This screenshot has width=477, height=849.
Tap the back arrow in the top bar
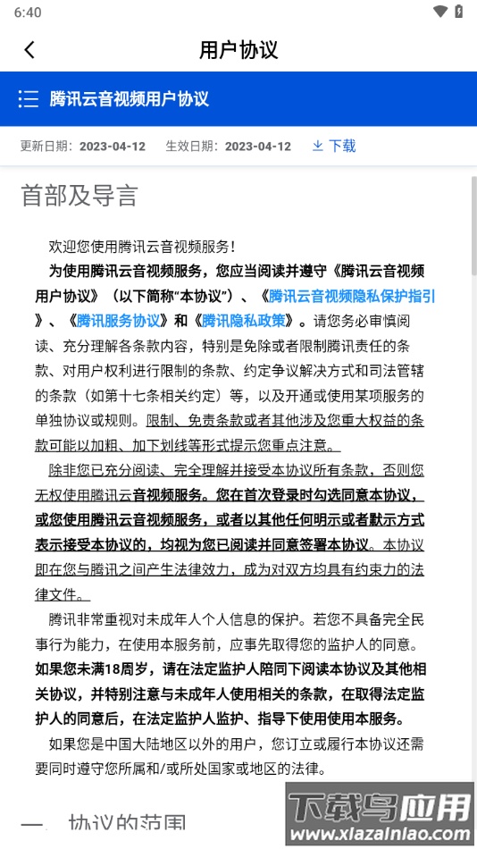(29, 50)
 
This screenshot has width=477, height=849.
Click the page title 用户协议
(238, 50)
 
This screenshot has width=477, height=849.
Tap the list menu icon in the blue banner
(28, 98)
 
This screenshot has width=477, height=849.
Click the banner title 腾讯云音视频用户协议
(130, 98)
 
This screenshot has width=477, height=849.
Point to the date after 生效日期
(257, 147)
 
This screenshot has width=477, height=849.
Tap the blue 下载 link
(342, 146)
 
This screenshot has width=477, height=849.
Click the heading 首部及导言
(79, 196)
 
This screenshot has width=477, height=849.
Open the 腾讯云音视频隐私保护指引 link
(352, 296)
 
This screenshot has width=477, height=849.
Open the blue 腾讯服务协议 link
(118, 321)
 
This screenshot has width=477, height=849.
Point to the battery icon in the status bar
(459, 12)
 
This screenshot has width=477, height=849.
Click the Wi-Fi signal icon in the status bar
(439, 12)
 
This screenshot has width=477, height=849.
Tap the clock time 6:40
(27, 13)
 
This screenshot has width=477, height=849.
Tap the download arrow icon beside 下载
(317, 146)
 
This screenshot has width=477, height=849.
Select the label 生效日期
(189, 147)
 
